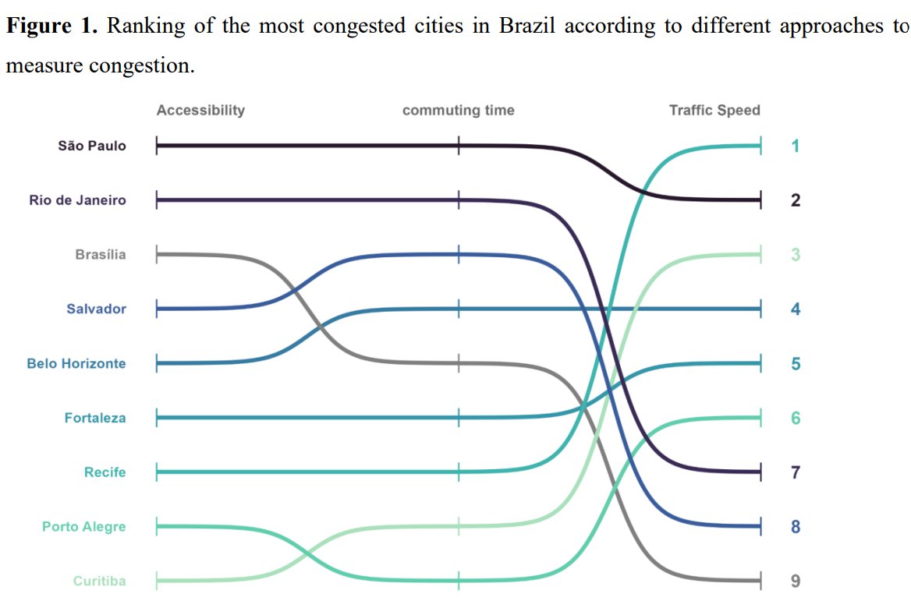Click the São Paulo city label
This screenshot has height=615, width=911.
click(91, 146)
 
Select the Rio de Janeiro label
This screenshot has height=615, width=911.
click(77, 200)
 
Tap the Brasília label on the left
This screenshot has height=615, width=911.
click(100, 255)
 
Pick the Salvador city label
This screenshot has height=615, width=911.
click(96, 309)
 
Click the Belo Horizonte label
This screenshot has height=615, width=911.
click(76, 364)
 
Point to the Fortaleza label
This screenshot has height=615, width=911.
click(94, 419)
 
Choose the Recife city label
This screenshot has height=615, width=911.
click(105, 472)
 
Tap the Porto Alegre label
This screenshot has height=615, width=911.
click(83, 527)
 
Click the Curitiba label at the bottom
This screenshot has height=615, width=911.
click(99, 581)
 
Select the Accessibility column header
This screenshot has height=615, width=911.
click(200, 110)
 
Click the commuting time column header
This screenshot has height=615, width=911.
click(458, 110)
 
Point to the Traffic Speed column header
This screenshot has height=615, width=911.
click(714, 110)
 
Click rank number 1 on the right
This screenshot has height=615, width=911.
click(795, 146)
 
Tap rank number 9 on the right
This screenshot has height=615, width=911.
click(795, 581)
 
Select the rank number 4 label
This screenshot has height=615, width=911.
click(795, 309)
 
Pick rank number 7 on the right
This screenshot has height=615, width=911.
click(795, 472)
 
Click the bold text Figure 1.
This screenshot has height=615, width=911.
click(51, 27)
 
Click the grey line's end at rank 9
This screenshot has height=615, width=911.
click(759, 581)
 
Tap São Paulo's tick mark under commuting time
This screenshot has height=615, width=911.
click(459, 146)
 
